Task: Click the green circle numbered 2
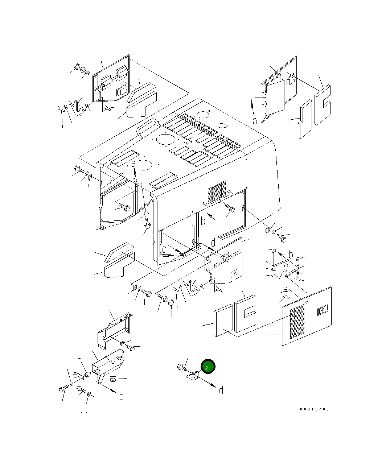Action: point(208,367)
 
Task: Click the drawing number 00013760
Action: point(315,409)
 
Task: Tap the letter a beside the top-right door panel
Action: point(255,121)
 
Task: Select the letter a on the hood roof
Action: point(134,164)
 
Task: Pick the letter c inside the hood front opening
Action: point(164,249)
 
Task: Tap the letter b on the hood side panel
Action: point(203,221)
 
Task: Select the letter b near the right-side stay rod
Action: point(291,254)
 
